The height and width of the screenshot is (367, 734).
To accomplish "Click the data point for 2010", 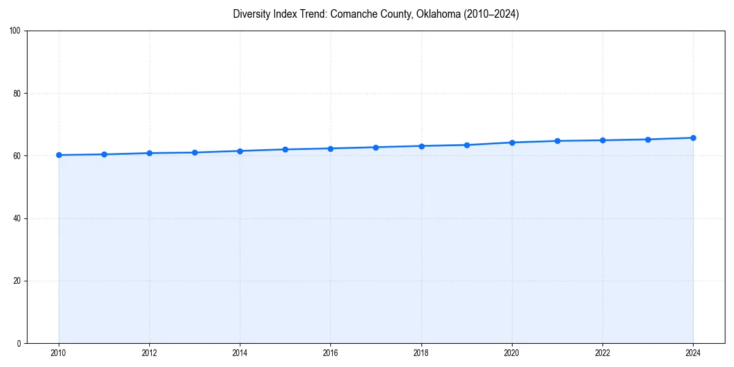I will (59, 155).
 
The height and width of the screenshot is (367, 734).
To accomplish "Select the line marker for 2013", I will (195, 152).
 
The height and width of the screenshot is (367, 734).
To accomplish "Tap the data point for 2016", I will (330, 149).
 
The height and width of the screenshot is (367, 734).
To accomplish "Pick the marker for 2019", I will (467, 145).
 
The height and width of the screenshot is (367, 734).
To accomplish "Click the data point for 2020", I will (512, 143).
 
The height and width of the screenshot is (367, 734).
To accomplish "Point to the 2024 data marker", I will (693, 138).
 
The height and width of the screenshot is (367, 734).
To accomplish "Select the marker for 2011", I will (104, 154).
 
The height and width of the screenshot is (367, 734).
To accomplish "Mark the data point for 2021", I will (557, 141).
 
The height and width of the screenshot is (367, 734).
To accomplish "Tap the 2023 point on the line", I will (648, 139).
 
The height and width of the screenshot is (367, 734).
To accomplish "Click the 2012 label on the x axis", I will (149, 352).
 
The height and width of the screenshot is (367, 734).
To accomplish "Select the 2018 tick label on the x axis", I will (421, 352).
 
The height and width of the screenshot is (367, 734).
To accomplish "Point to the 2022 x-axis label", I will (602, 352).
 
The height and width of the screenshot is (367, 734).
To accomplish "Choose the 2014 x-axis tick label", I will (240, 352).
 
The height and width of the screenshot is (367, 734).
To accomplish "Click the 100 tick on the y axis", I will (16, 31).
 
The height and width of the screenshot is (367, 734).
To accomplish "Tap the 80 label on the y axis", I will (18, 94).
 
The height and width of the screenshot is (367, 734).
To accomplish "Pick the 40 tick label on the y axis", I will (18, 218).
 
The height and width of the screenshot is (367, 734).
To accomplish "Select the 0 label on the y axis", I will (20, 343).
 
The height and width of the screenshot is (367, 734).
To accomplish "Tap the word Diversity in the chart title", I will (252, 15).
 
